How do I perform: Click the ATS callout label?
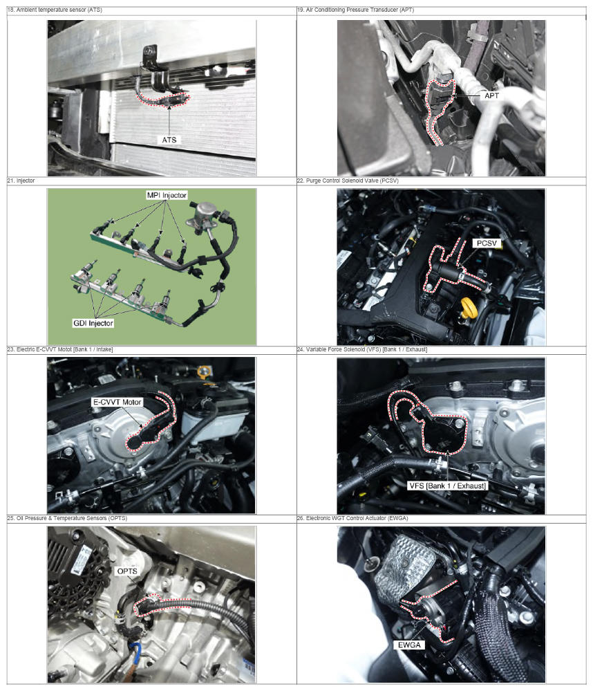(169, 140)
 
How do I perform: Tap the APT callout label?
(491, 95)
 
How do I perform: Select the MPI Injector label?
(167, 195)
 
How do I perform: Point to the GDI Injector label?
(93, 323)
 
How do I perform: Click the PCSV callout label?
(487, 243)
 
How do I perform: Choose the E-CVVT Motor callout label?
(117, 402)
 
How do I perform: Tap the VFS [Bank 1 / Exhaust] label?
(448, 486)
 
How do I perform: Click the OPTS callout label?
(127, 571)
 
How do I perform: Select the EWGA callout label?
(409, 645)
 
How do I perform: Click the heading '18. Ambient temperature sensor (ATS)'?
(55, 10)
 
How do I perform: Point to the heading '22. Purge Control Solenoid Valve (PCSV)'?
(348, 181)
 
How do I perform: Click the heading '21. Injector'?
(21, 181)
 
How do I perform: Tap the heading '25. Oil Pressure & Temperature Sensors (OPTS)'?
(67, 518)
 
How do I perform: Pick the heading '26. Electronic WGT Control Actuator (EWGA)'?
(352, 518)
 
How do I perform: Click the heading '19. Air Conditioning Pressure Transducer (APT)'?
(355, 10)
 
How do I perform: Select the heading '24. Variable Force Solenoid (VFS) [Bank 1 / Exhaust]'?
(362, 349)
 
